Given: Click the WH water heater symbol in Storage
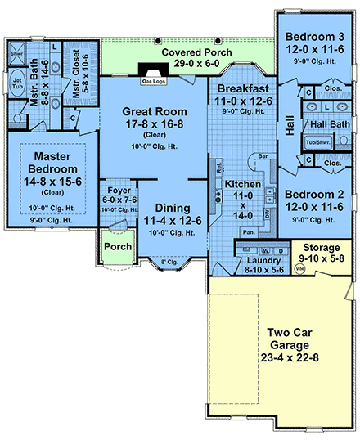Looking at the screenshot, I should click(x=299, y=267).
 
